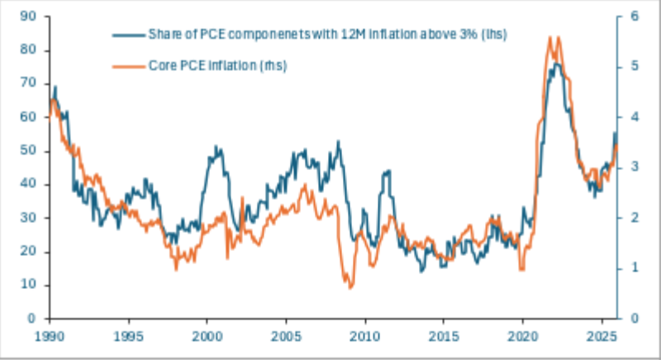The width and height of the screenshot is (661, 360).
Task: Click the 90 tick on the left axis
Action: click(x=28, y=17)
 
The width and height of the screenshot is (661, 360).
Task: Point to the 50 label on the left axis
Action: click(x=28, y=151)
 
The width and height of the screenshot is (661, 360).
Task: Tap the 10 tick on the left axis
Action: click(x=28, y=285)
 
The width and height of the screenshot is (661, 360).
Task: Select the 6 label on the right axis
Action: click(x=635, y=17)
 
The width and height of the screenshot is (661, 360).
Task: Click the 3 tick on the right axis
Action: click(x=635, y=167)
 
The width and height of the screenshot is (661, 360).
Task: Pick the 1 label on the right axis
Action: click(x=635, y=268)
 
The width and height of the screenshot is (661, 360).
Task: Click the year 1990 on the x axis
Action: click(x=50, y=336)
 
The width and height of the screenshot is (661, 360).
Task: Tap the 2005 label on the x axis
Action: click(x=286, y=336)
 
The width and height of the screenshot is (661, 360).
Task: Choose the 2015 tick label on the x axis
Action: click(x=444, y=336)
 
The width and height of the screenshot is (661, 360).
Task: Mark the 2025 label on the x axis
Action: click(x=602, y=336)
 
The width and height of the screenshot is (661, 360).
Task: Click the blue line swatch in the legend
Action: click(x=129, y=36)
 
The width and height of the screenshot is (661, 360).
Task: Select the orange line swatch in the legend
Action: click(x=129, y=67)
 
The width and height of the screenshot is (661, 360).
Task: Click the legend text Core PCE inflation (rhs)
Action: click(x=217, y=66)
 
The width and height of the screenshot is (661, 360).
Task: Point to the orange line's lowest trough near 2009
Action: click(x=350, y=288)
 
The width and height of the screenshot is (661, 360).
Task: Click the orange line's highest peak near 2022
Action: click(x=550, y=37)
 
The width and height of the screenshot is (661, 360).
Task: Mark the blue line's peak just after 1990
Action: click(x=55, y=88)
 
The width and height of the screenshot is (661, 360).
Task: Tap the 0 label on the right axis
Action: click(x=635, y=319)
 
